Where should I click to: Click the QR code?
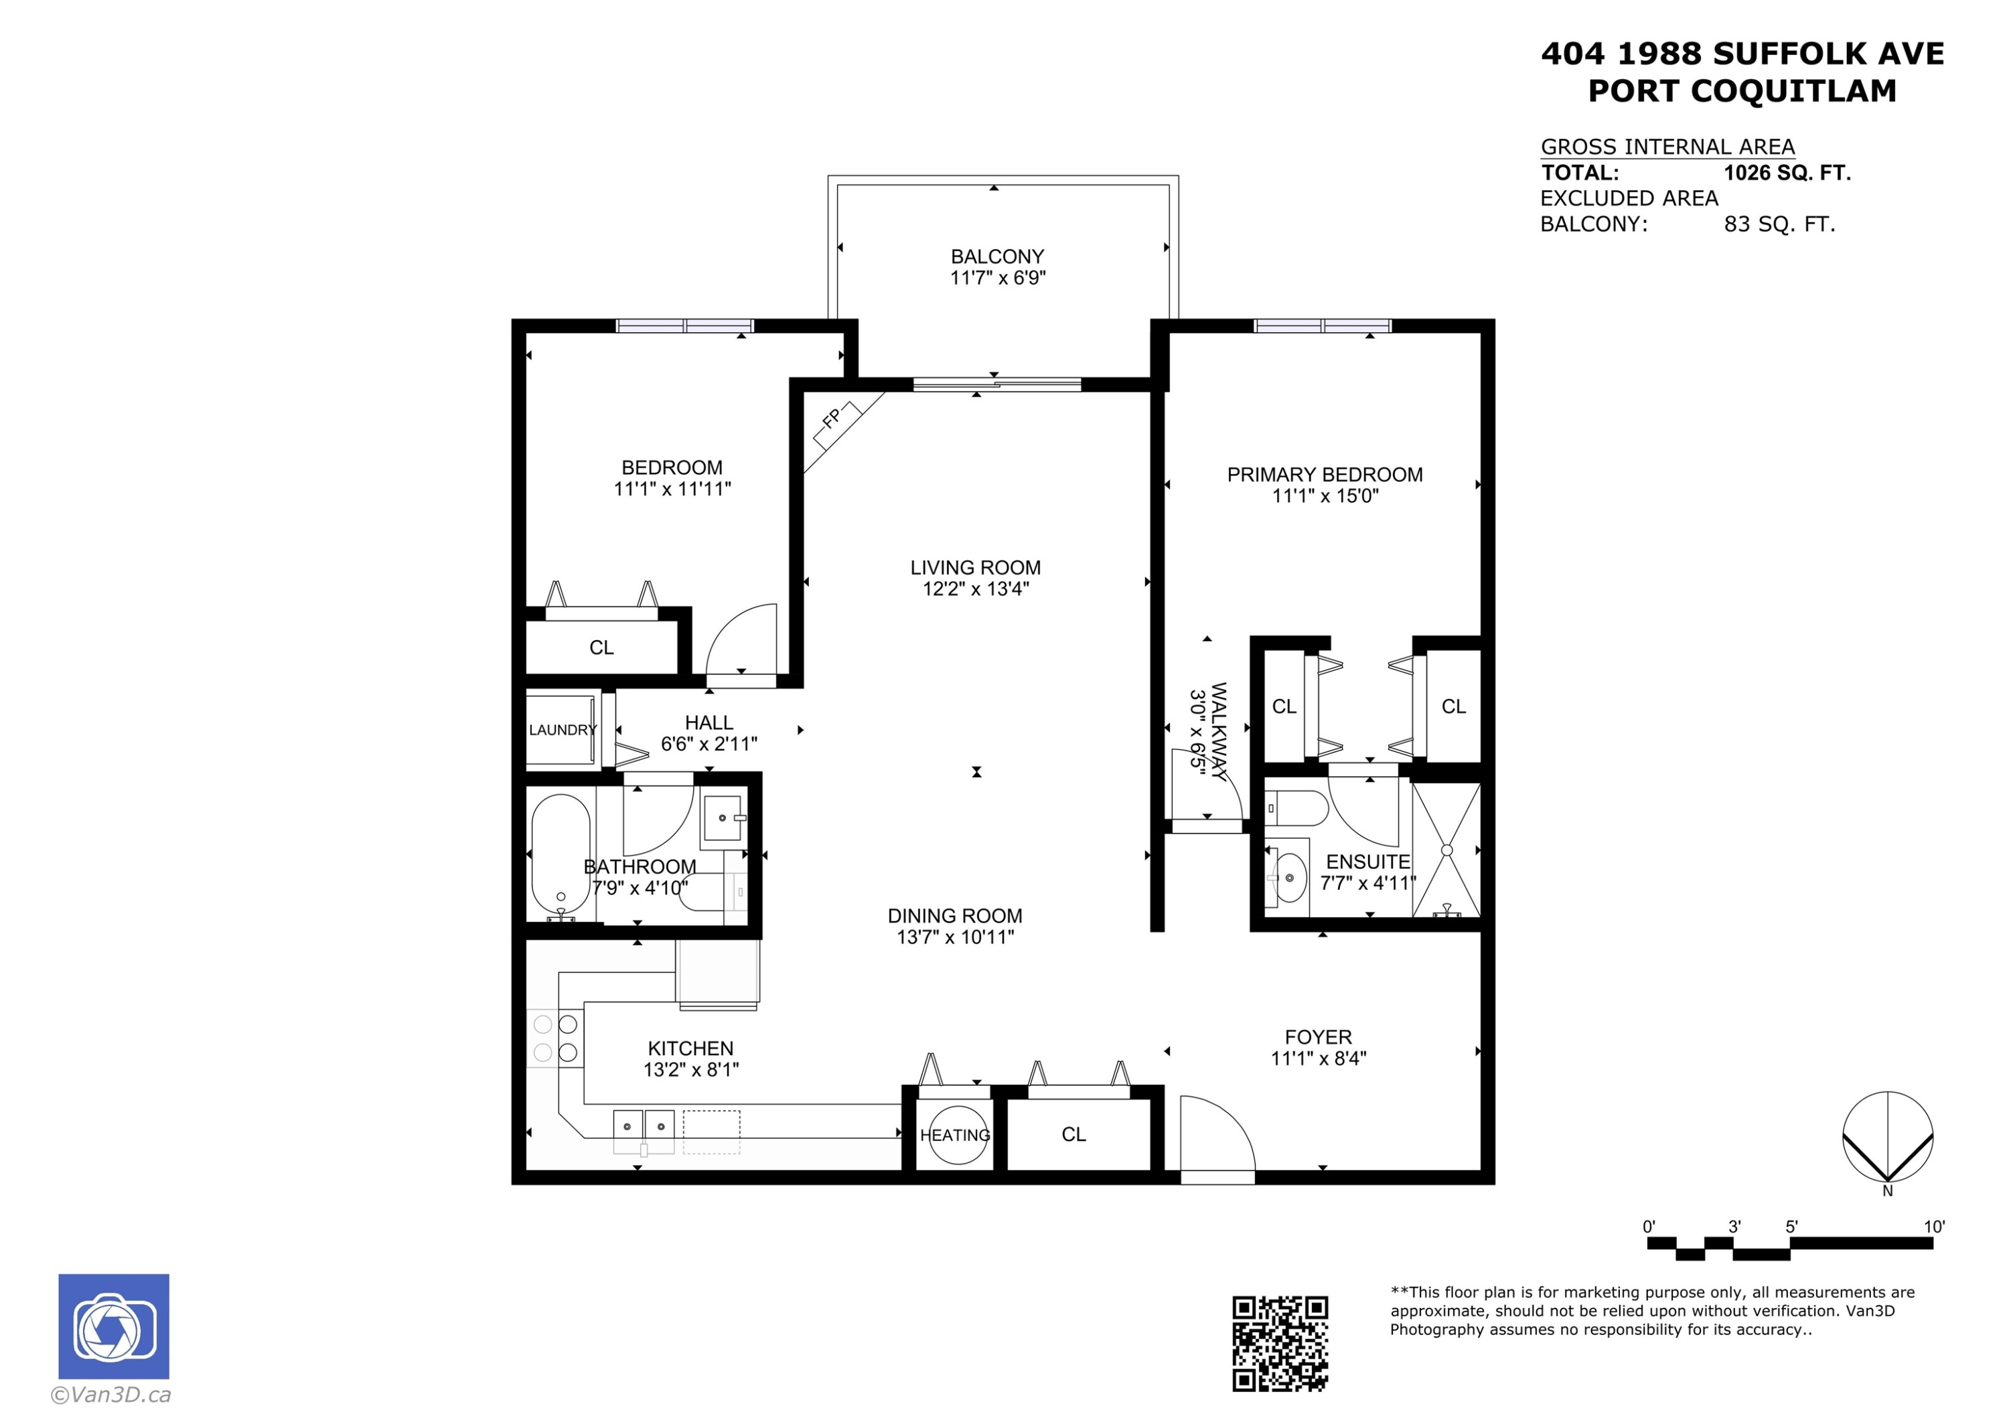coord(1280,1343)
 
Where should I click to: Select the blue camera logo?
coord(114,1326)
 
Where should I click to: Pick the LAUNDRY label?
coord(563,730)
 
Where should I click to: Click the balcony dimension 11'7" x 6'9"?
coord(998,279)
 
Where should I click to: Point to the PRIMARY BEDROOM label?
coord(1325,474)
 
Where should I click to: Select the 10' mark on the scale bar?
coord(1934,1227)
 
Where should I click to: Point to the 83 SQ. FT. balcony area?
coord(1779,224)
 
